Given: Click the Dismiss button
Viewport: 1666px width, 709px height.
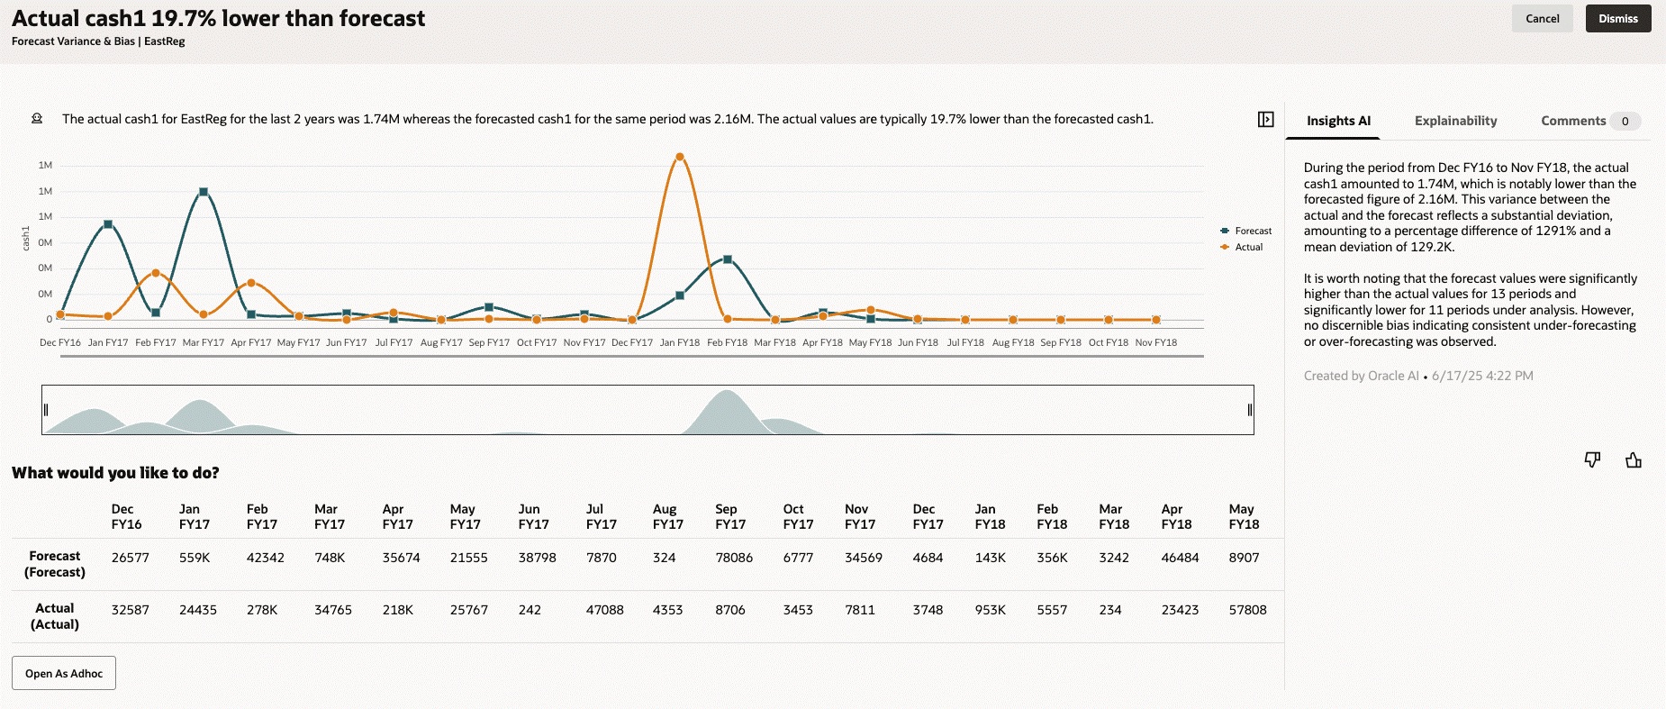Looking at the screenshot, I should (x=1617, y=19).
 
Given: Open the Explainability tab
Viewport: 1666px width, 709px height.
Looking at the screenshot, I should (x=1455, y=121).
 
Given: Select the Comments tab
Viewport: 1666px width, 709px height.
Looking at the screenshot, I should (x=1572, y=121).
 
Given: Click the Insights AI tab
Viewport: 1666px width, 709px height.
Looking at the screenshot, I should (x=1338, y=121).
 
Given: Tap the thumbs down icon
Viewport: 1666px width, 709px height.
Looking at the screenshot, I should (x=1592, y=460).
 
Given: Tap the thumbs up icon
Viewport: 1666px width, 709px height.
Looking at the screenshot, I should (x=1633, y=460).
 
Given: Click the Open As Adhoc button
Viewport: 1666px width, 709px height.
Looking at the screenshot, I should (x=64, y=673).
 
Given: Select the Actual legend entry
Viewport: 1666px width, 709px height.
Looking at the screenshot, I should (x=1248, y=247).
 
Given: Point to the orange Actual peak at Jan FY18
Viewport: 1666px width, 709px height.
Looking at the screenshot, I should (x=680, y=157).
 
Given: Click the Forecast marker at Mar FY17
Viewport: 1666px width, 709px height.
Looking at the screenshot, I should (x=204, y=192).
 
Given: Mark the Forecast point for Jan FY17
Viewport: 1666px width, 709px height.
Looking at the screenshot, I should (x=108, y=224).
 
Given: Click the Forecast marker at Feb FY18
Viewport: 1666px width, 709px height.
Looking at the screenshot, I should (x=728, y=259).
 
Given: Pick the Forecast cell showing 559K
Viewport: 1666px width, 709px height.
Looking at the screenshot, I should (x=195, y=558).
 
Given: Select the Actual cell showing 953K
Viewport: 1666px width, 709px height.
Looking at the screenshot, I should (x=990, y=610).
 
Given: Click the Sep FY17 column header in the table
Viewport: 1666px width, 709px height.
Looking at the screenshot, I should (x=729, y=516).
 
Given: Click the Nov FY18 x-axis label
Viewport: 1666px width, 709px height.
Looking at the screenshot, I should (x=1155, y=342).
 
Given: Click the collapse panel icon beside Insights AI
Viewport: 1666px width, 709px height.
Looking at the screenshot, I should (x=1265, y=120).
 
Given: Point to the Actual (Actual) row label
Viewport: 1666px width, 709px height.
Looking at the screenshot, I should (x=55, y=616).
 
